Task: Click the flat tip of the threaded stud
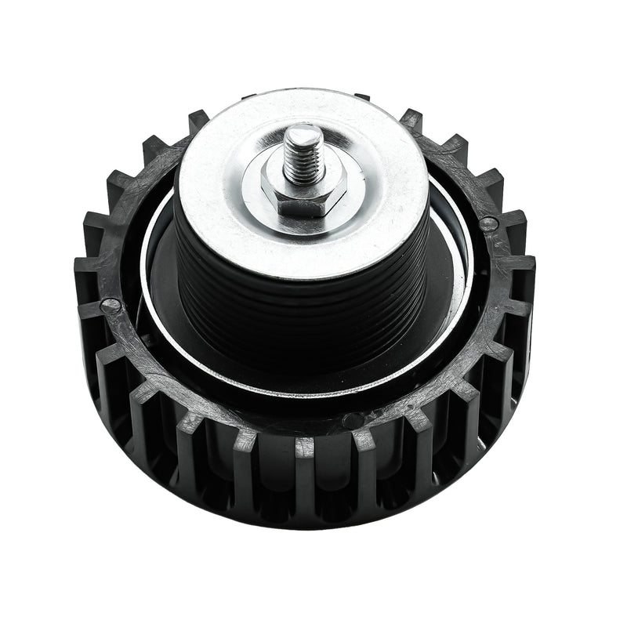click(x=303, y=134)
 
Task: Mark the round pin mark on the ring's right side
click(x=489, y=224)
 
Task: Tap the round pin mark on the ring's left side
click(x=111, y=306)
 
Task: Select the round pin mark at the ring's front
click(x=353, y=421)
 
